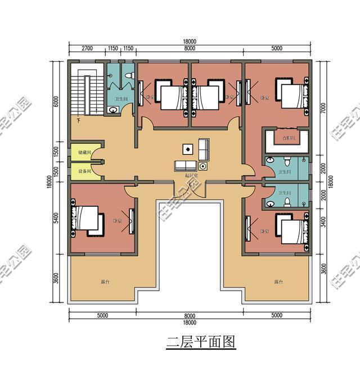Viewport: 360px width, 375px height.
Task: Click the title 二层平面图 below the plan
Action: (x=200, y=341)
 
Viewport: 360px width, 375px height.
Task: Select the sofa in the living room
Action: (x=186, y=165)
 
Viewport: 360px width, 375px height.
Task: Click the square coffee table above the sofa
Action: (x=187, y=149)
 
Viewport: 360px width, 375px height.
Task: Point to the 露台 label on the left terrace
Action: (x=105, y=282)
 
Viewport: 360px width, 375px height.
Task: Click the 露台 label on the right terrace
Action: (x=278, y=282)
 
